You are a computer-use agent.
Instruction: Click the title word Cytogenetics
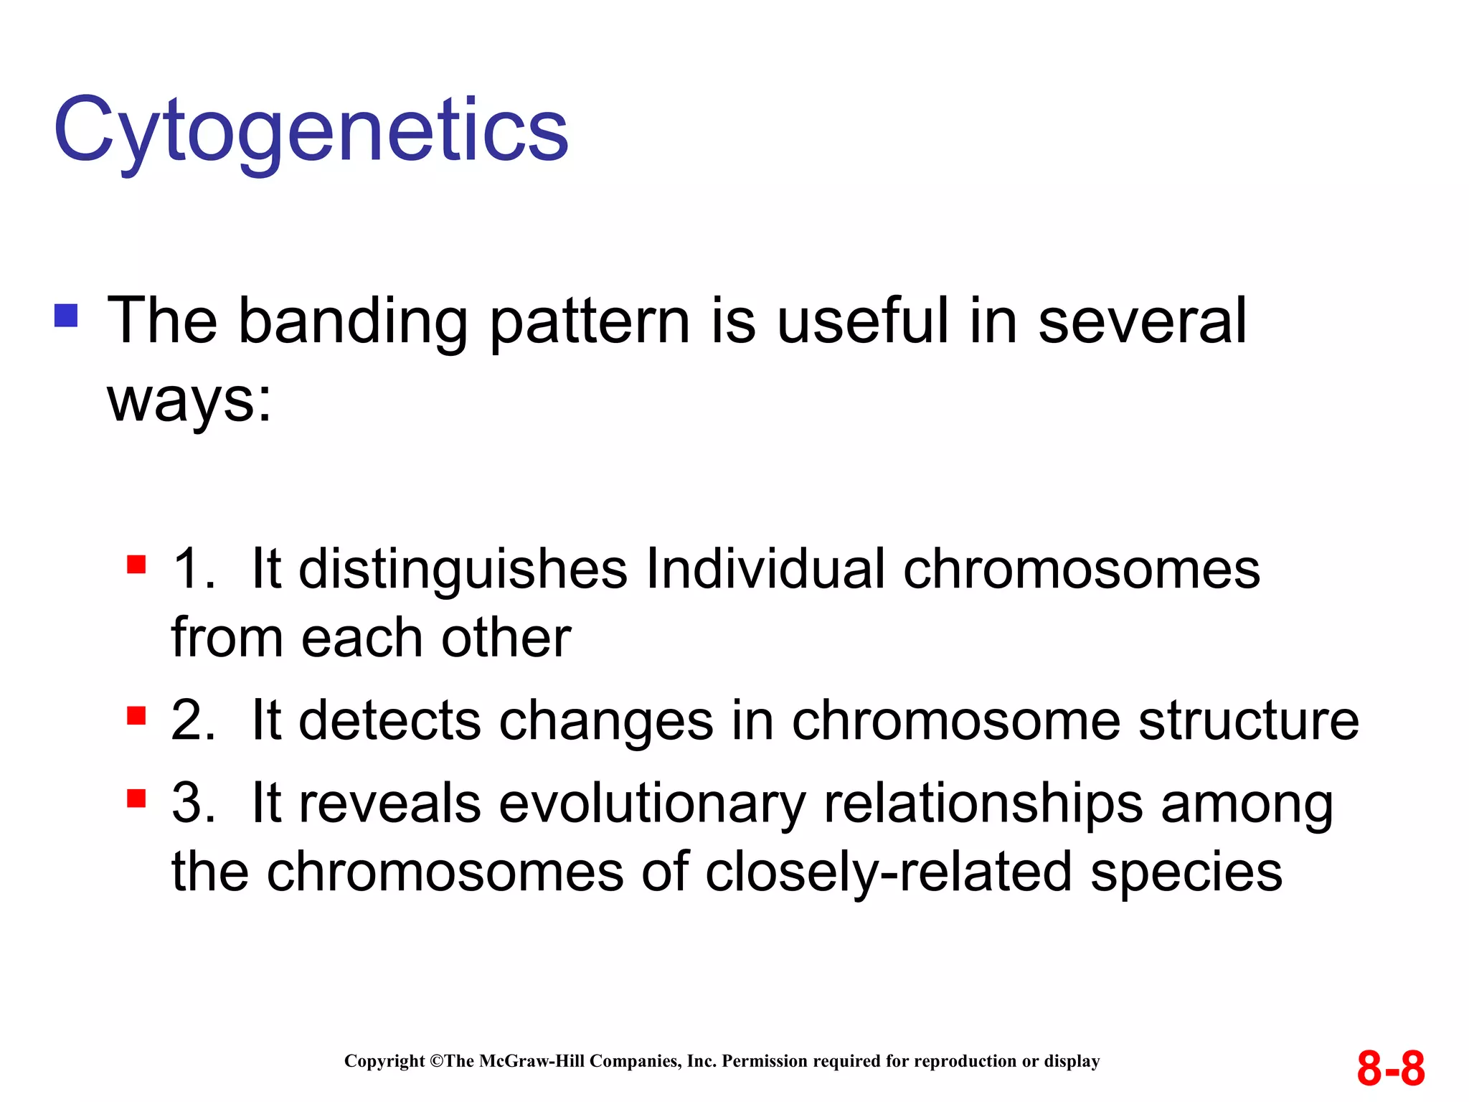[311, 131]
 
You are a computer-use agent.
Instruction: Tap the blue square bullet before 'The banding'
[66, 316]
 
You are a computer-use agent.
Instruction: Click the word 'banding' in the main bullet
[352, 321]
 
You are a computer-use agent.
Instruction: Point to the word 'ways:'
[189, 400]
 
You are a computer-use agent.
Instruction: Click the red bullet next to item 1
[136, 565]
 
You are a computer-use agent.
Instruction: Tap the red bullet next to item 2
[136, 715]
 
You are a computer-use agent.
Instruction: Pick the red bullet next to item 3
[136, 798]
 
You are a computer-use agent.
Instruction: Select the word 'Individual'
[765, 569]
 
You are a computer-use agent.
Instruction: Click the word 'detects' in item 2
[389, 720]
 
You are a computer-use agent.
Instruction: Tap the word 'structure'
[1248, 720]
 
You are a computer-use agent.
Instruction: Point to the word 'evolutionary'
[652, 804]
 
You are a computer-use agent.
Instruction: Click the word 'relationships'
[983, 804]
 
